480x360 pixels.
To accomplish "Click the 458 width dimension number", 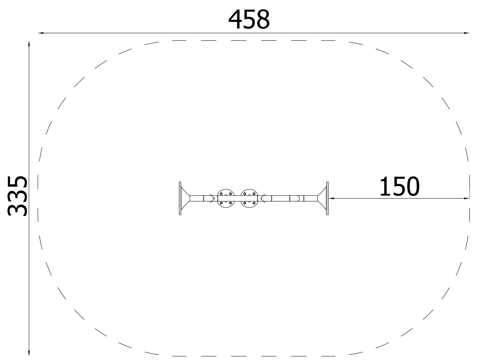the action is [249, 19].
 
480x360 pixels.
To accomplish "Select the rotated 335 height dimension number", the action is [17, 196].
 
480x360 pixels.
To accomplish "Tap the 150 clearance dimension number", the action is [400, 186].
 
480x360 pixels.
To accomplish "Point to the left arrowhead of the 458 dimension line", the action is [41, 33].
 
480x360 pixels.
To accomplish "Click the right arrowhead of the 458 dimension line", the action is [466, 33].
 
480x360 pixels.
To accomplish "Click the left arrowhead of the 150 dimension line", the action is [331, 199].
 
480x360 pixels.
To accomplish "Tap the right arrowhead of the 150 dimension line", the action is [466, 199].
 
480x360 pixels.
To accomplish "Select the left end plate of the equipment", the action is [180, 198].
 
